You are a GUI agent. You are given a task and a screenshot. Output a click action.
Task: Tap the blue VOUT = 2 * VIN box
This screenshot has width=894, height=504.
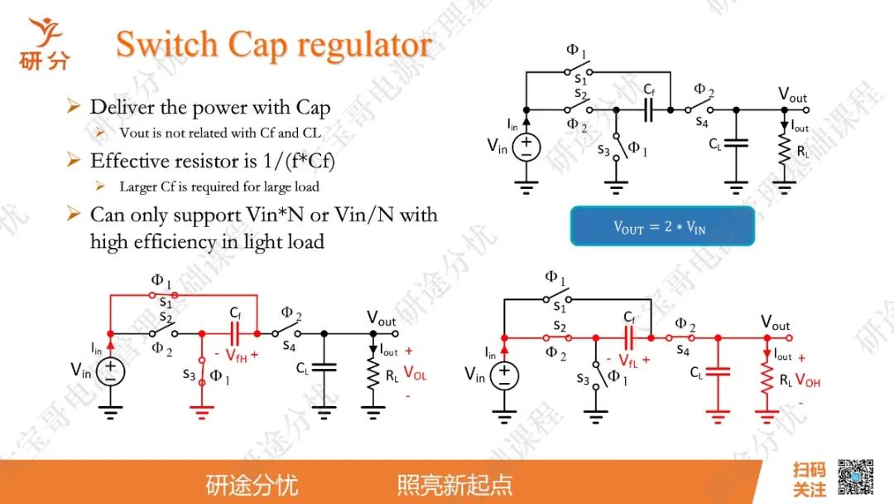point(661,226)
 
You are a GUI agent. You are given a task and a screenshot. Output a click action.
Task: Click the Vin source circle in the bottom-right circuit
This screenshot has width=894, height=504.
point(503,376)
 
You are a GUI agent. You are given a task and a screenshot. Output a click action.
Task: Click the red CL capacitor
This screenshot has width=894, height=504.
point(718,372)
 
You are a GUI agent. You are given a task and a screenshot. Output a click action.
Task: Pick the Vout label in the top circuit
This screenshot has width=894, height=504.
point(792,94)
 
